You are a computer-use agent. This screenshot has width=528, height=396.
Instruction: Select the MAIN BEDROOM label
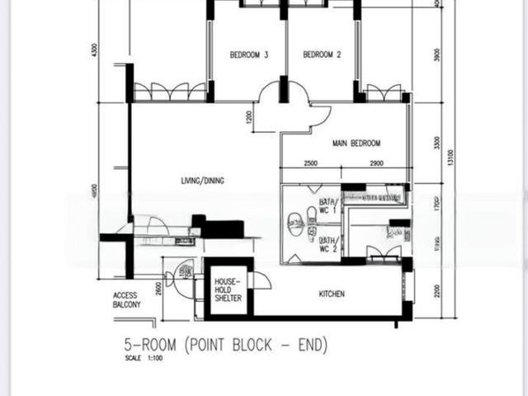pos(356,143)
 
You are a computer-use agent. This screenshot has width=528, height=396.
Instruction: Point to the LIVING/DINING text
pos(203,181)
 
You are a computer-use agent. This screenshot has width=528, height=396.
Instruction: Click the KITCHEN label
pos(332,295)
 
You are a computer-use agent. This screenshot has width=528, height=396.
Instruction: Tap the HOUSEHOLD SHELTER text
pos(229,290)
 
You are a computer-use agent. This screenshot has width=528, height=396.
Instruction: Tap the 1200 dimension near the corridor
pos(248,117)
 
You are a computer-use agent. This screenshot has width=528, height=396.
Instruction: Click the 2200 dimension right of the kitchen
pos(438,290)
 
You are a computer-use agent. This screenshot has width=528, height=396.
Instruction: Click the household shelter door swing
pos(262,280)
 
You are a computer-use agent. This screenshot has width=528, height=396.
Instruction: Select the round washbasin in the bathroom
pos(294,220)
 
